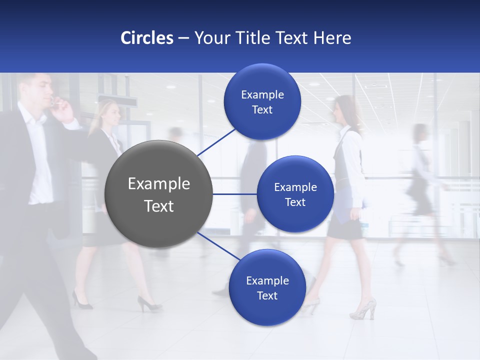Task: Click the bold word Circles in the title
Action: (147, 38)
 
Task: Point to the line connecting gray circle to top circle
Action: (216, 141)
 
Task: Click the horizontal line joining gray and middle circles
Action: (235, 194)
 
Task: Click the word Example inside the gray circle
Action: (159, 184)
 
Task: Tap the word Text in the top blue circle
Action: (262, 110)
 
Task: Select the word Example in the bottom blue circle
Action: (267, 280)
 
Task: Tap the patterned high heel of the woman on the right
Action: (363, 309)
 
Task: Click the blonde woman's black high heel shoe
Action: (148, 304)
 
